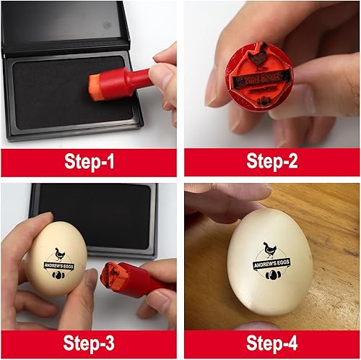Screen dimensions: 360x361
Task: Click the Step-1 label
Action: pyautogui.click(x=88, y=161)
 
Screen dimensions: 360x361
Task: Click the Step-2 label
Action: pyautogui.click(x=272, y=161)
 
